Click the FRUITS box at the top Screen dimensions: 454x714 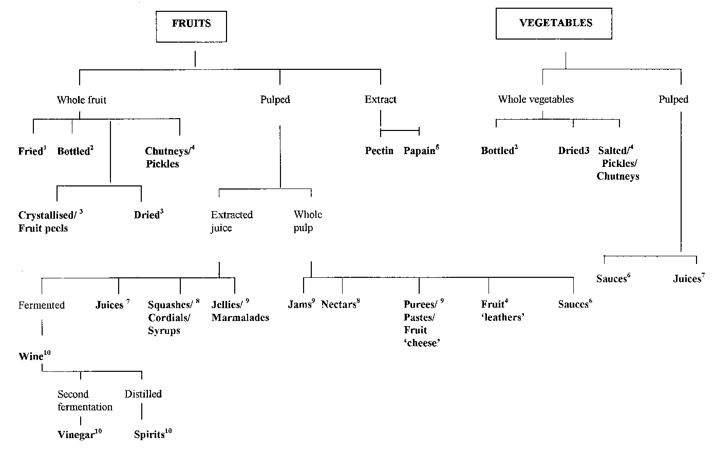[191, 24]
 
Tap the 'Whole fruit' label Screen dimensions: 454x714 [82, 100]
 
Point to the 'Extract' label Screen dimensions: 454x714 [380, 100]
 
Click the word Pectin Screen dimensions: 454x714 [379, 151]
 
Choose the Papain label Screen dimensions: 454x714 [419, 151]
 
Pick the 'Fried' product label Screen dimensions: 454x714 [30, 152]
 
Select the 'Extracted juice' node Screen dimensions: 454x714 [231, 221]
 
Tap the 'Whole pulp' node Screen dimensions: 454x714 [308, 221]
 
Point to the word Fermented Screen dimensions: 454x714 [42, 306]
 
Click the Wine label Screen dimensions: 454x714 [31, 356]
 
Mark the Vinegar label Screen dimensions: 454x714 [76, 434]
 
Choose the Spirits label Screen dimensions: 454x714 [149, 434]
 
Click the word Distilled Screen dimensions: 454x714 [143, 394]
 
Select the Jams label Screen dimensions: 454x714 [299, 305]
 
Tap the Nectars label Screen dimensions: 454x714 [338, 305]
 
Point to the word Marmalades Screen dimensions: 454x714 [240, 318]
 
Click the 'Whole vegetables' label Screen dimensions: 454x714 [536, 100]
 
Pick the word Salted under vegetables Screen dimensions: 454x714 [612, 151]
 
